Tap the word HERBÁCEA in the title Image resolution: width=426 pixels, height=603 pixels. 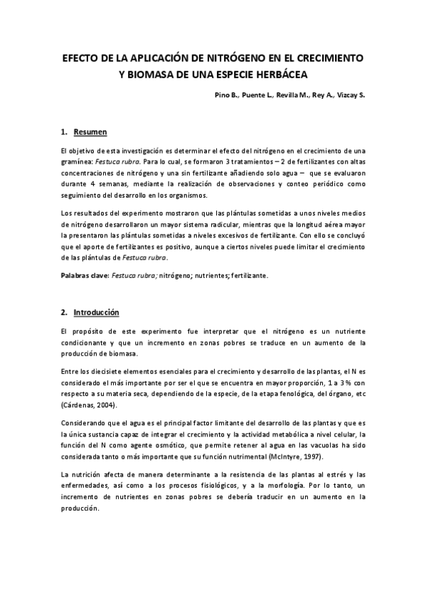[282, 73]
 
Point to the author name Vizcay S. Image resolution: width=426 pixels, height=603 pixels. [348, 95]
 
